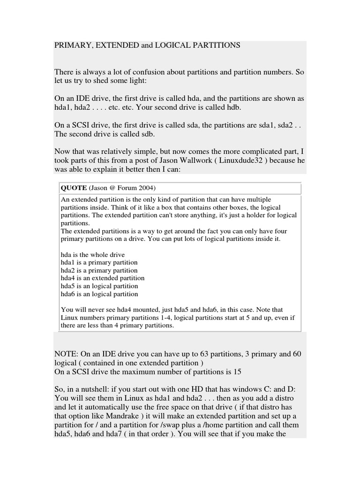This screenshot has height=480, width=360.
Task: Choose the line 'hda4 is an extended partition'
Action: point(103,278)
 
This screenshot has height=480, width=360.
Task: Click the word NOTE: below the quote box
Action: point(67,353)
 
